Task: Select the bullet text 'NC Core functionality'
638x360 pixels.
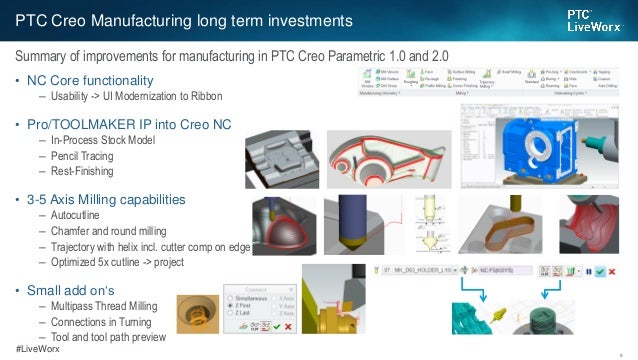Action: point(90,80)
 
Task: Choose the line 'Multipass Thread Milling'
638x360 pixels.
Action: point(109,308)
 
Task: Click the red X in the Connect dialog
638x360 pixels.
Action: point(288,325)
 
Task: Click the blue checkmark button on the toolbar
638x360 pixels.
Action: point(599,270)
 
